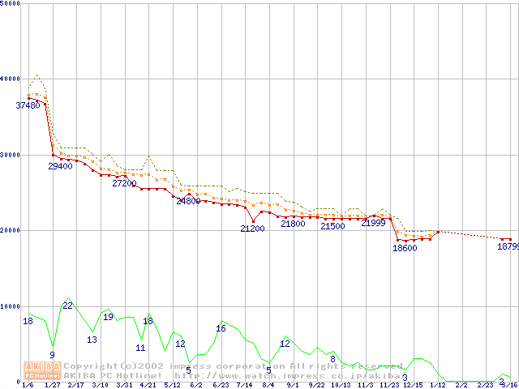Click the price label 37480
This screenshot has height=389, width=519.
28,105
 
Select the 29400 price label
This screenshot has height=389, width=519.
60,166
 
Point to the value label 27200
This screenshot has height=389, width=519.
124,184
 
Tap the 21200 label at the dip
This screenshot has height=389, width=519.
252,229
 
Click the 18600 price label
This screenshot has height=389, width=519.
405,248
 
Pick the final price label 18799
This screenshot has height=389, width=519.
508,247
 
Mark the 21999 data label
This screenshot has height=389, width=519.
373,223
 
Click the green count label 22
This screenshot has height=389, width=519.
68,306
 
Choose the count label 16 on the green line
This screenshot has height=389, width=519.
221,328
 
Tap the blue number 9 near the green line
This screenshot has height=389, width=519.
52,355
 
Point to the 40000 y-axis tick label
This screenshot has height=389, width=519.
10,79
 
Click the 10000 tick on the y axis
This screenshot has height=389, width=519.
10,306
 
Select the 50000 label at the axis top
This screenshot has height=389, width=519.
10,4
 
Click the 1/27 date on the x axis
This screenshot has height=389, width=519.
52,386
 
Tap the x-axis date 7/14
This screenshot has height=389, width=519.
244,386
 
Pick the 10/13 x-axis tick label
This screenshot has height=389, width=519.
341,386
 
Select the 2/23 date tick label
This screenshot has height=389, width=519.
486,386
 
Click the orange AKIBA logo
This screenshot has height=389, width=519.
43,370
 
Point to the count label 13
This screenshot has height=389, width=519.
92,340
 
